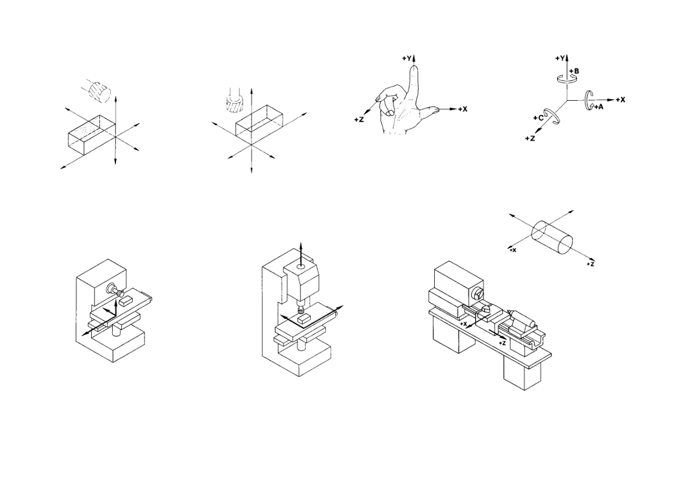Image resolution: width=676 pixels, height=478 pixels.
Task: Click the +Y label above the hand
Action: point(407,59)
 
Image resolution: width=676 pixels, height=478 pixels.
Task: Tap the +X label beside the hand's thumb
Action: point(462,109)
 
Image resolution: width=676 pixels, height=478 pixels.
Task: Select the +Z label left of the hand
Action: point(359,119)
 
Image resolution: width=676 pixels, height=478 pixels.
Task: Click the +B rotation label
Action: point(574,71)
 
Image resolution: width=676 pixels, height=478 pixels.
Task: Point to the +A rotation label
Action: point(599,106)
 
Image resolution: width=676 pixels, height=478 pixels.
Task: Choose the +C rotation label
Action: point(538,118)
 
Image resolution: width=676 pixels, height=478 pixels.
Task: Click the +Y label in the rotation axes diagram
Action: point(560,58)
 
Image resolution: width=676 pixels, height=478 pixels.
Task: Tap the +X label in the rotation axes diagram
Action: point(620,100)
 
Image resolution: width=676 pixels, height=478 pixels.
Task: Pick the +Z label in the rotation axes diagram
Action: point(530,138)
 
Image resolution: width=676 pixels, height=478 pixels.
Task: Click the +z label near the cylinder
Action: point(591,264)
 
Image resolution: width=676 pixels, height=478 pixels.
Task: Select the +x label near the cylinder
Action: point(512,250)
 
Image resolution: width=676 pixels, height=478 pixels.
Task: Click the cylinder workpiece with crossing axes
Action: point(553,237)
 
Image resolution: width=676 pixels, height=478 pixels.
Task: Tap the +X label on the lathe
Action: point(463,323)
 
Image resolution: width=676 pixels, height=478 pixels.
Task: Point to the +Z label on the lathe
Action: point(501,343)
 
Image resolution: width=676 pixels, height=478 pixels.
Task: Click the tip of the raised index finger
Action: point(414,66)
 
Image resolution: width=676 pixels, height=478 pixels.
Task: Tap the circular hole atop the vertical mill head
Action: point(302,267)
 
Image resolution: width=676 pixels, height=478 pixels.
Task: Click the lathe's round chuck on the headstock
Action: point(477,294)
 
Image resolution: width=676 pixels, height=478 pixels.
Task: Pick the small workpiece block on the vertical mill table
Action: point(303,319)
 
